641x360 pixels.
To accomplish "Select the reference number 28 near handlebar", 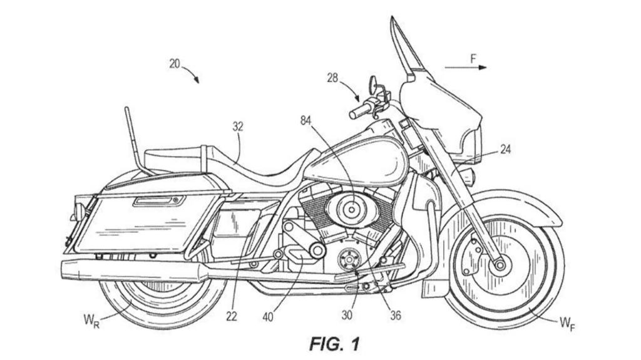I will click(x=332, y=77).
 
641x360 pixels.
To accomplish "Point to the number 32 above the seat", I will click(x=238, y=126).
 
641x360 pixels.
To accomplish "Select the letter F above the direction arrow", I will click(x=474, y=58).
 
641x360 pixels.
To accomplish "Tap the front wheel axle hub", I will click(x=499, y=265).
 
